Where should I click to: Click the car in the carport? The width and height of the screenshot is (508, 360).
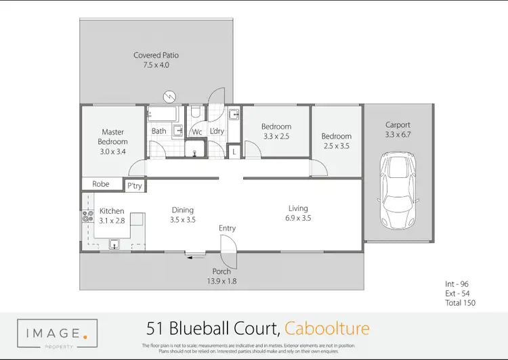pos(398,191)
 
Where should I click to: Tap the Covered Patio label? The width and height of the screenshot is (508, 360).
pos(156,55)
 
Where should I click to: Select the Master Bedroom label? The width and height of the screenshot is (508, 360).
pos(112,137)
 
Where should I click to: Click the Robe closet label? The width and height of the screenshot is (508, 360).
pos(101,183)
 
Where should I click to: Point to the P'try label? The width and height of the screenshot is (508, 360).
pos(134,185)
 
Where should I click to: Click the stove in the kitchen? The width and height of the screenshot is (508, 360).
pos(87,217)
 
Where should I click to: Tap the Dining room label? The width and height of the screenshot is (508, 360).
pos(182,210)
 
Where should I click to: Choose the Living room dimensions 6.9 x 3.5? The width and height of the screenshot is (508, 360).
pos(298,219)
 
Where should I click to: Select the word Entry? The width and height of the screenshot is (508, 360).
pos(227,228)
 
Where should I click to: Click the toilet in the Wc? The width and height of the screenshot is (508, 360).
pos(195,112)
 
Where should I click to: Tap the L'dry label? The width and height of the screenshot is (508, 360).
pos(217,131)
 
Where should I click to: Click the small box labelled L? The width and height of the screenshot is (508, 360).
pos(234,153)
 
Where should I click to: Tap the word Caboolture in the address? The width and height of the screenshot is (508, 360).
pos(327,329)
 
